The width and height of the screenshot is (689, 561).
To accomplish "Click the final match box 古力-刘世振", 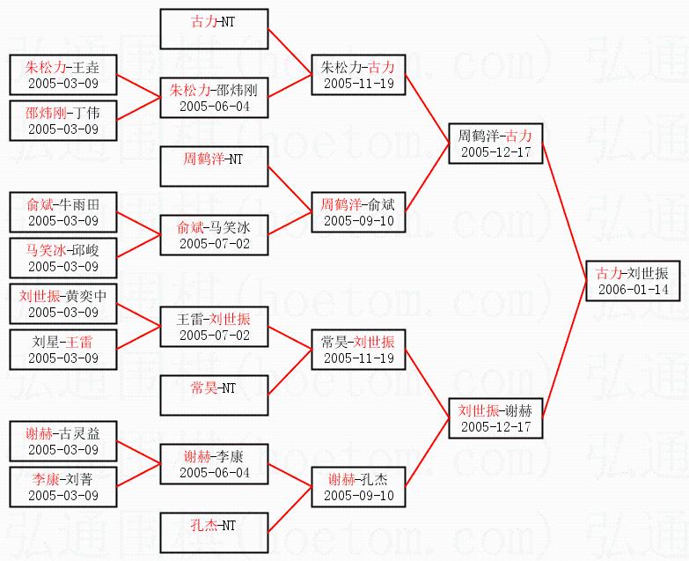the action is click(x=633, y=281).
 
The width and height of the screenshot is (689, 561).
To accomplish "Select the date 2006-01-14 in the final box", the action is click(x=633, y=290).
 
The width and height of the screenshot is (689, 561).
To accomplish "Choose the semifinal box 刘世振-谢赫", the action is click(x=495, y=417).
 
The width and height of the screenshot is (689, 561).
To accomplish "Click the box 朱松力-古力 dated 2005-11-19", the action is click(x=357, y=75).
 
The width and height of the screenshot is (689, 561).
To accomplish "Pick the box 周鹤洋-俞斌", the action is click(x=357, y=212).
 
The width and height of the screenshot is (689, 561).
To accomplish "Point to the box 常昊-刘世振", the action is click(x=357, y=350).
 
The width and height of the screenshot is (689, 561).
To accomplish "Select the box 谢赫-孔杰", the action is click(x=357, y=487).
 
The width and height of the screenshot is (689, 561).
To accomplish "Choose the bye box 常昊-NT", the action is click(x=215, y=395).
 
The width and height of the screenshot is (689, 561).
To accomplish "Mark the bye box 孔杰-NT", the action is click(x=215, y=533).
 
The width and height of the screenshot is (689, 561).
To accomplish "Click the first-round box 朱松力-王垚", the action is click(x=62, y=75).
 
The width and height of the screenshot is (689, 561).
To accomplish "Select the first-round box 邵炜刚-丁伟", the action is click(x=62, y=121).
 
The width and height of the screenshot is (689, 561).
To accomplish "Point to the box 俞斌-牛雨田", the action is click(x=62, y=212).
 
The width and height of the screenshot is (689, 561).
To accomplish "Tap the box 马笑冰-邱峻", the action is click(x=62, y=258).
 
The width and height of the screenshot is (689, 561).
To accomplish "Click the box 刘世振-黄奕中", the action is click(x=62, y=304).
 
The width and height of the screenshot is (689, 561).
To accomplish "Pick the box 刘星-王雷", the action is click(x=62, y=350).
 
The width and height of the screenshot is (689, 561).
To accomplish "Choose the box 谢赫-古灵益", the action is click(x=62, y=441).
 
